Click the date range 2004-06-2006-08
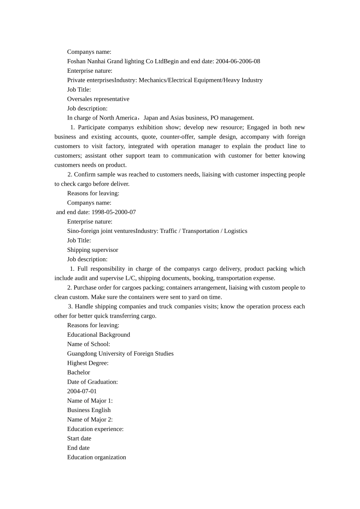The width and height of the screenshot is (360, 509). (x=238, y=61)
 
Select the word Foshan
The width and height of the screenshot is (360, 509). (x=76, y=61)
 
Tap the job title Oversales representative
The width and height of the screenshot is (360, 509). (x=98, y=99)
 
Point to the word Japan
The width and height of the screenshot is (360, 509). (x=151, y=118)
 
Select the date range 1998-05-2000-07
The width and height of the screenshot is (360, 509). (x=114, y=212)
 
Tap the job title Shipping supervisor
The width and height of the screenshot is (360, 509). (x=92, y=250)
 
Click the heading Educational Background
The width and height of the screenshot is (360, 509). (x=99, y=335)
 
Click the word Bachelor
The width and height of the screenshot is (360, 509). (x=78, y=372)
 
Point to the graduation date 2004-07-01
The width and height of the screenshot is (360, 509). (x=82, y=391)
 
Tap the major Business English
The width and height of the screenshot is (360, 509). (x=89, y=410)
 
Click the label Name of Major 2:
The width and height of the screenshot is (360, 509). (x=90, y=420)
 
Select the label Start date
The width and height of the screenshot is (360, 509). (x=79, y=439)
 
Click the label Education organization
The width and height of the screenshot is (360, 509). (x=97, y=457)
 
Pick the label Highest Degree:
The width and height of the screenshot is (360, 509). (x=88, y=363)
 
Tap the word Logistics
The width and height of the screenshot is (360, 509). (x=235, y=231)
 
